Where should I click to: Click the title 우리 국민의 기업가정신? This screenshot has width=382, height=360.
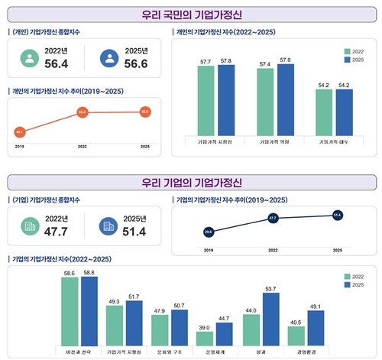tap(191, 13)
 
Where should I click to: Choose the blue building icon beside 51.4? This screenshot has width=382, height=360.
tap(105, 228)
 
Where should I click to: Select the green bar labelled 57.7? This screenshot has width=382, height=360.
tap(206, 99)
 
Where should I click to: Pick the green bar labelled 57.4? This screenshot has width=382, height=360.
tap(265, 100)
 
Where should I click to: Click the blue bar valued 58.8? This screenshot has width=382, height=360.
tap(89, 310)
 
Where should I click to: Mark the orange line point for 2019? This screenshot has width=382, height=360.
tap(19, 131)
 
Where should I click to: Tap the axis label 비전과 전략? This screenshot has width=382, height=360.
tap(80, 351)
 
